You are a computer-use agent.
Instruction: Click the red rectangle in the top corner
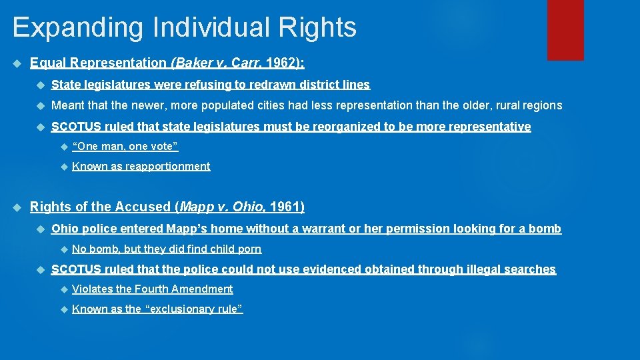[565, 30]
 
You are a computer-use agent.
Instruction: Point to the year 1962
[283, 63]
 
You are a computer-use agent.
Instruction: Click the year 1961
[287, 207]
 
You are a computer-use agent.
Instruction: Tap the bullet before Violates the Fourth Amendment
[63, 289]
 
